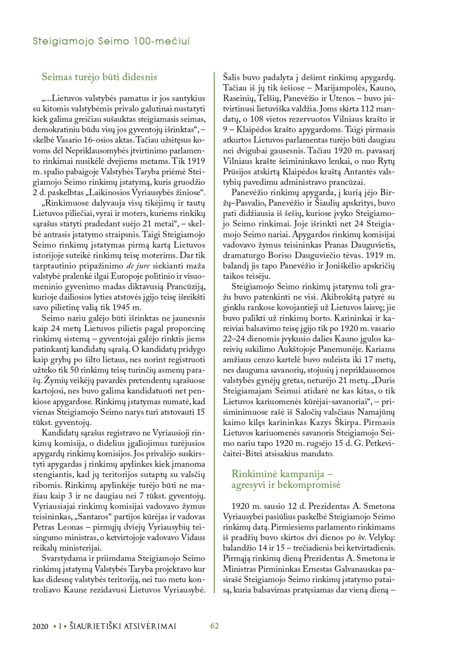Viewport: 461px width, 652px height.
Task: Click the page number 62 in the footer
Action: tap(214, 626)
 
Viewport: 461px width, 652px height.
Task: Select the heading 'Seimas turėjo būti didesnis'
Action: tap(100, 77)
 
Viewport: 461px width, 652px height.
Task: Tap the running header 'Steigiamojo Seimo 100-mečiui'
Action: tap(111, 42)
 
